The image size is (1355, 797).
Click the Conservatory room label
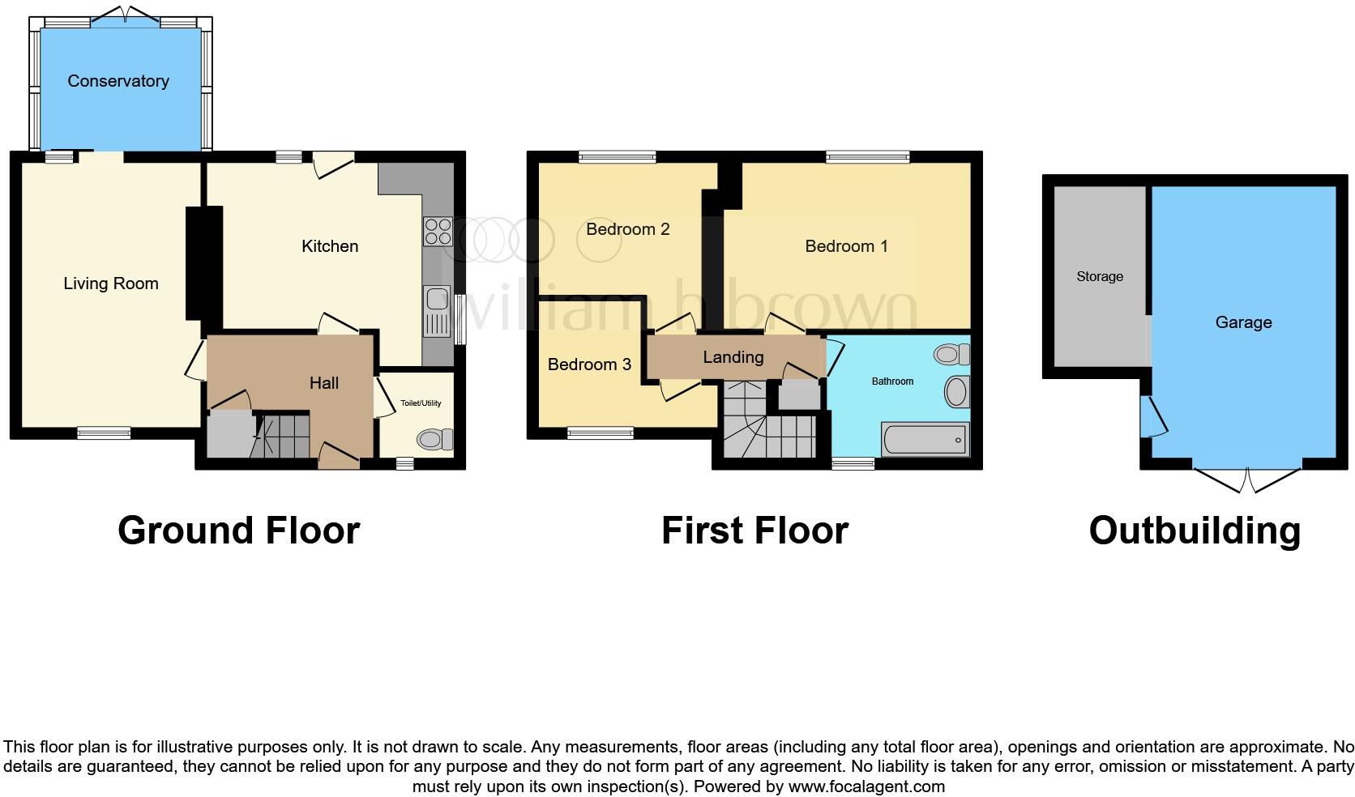pyautogui.click(x=118, y=81)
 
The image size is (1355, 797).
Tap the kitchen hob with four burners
pyautogui.click(x=438, y=232)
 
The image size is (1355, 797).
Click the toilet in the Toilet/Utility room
pyautogui.click(x=434, y=440)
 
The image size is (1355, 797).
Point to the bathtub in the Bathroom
pyautogui.click(x=925, y=440)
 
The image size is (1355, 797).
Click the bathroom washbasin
pyautogui.click(x=957, y=392)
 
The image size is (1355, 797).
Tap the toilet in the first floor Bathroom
pyautogui.click(x=952, y=354)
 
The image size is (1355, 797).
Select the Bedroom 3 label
pyautogui.click(x=589, y=364)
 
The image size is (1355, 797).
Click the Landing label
pyautogui.click(x=733, y=357)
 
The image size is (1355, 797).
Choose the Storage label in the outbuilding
pyautogui.click(x=1099, y=276)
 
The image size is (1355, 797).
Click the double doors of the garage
pyautogui.click(x=1247, y=479)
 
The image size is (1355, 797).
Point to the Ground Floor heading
pyautogui.click(x=238, y=531)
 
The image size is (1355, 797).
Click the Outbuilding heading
pyautogui.click(x=1195, y=531)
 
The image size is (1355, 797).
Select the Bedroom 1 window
pyautogui.click(x=868, y=158)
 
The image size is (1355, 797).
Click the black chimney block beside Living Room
pyautogui.click(x=204, y=263)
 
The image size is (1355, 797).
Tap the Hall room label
pyautogui.click(x=324, y=383)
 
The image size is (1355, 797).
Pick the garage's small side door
pyautogui.click(x=1152, y=416)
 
